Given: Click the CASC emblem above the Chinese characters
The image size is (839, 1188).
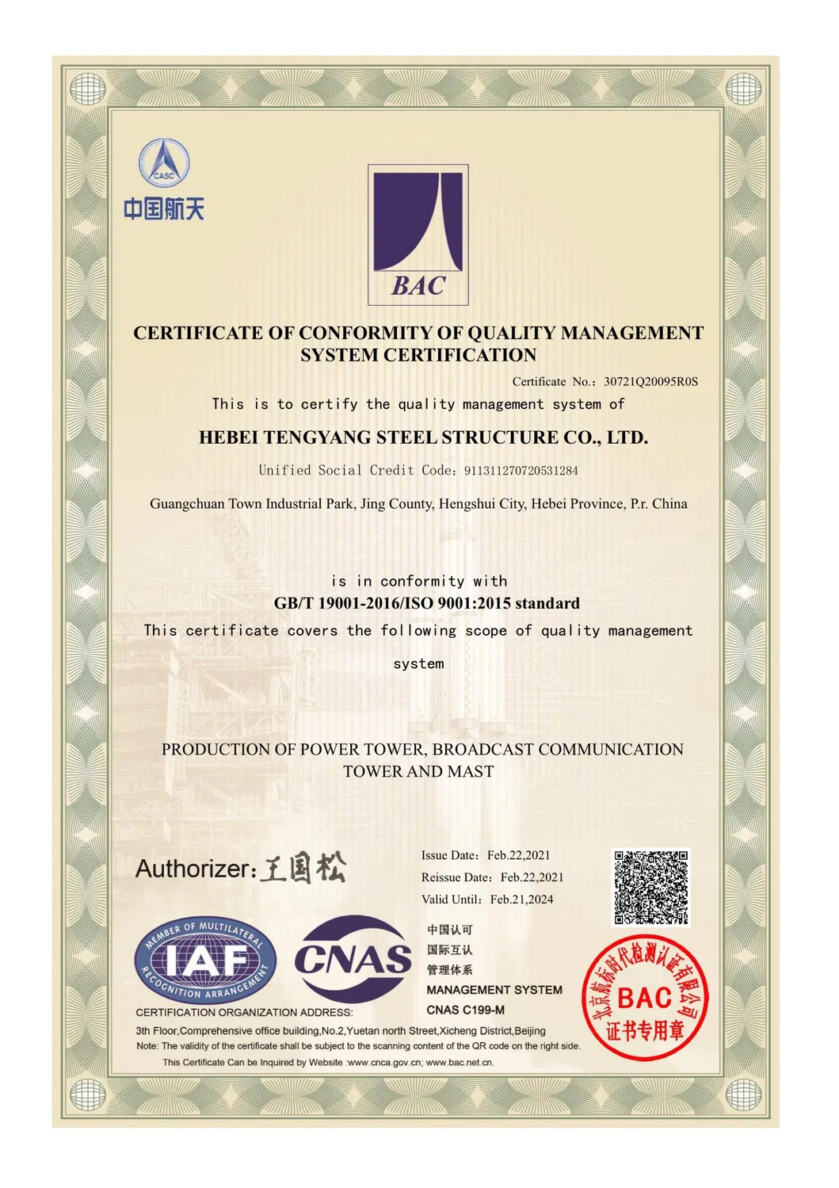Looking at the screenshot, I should pos(165,162).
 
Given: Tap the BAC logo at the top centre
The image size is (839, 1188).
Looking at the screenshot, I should pos(418,235).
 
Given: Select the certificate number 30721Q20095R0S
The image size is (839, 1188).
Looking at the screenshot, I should pos(650,381).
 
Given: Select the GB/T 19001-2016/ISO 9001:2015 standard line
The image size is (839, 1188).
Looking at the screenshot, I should pos(426,604).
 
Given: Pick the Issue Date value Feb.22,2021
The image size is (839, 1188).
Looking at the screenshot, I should pos(518,855).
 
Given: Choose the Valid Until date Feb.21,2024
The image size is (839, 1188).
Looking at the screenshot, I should pos(521,900).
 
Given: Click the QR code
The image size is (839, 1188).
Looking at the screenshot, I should pos(651,887).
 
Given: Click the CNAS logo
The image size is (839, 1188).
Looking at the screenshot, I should pos(353,959).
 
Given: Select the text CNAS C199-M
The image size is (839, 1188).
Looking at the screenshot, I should pos(465,1010).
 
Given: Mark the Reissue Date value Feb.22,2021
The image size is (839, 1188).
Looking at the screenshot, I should pos(532,877).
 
